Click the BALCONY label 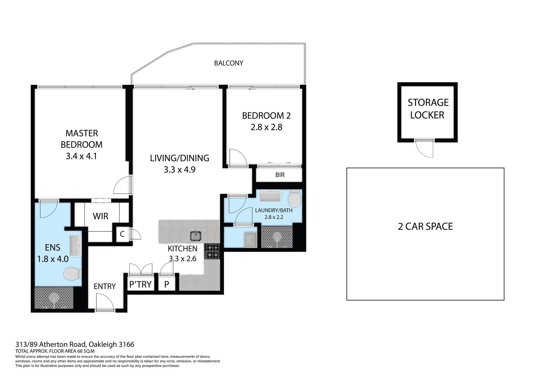coord(228,63)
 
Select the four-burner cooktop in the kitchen coord(212,251)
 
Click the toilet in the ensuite coord(73,274)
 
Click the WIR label coord(100,216)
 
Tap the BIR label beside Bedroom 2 coord(280,175)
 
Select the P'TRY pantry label coord(140,284)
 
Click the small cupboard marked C coord(122,234)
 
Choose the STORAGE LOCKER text coord(428,109)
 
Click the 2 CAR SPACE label coord(425,226)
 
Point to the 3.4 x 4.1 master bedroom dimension coord(81,156)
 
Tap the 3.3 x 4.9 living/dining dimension coord(180,169)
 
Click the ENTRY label coord(105,286)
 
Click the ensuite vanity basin coord(76,245)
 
